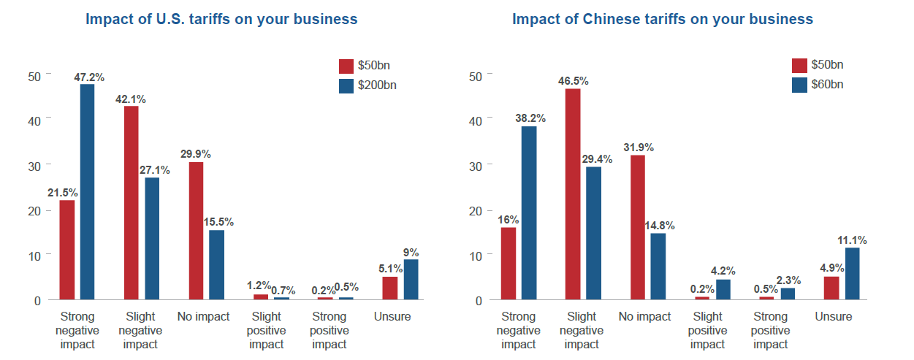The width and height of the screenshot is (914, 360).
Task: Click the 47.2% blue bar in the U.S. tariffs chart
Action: click(87, 192)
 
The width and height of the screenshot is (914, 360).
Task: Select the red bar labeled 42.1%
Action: click(131, 203)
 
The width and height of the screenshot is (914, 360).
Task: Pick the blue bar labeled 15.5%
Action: click(216, 265)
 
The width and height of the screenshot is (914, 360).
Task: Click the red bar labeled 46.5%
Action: click(572, 194)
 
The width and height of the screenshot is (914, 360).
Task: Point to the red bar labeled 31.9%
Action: click(636, 227)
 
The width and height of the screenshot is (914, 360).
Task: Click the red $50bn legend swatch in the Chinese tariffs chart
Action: click(799, 66)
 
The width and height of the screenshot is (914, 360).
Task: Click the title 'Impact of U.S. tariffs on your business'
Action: click(221, 19)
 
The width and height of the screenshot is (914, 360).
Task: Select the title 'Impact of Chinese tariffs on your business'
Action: click(662, 19)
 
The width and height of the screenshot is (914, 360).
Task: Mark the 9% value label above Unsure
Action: click(412, 253)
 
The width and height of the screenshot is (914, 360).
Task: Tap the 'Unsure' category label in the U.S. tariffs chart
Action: click(392, 317)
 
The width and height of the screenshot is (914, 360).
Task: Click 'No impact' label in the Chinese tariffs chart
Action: click(644, 317)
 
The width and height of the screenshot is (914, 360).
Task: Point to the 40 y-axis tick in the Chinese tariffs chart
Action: click(474, 120)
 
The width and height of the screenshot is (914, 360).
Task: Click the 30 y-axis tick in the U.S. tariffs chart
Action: click(34, 165)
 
